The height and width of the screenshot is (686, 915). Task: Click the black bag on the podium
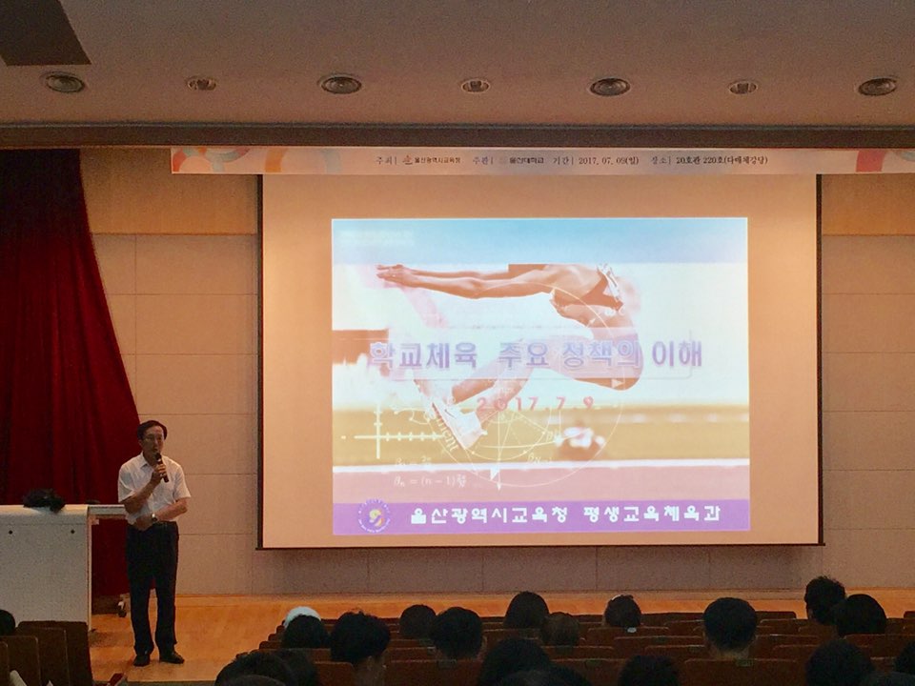pos(44,498)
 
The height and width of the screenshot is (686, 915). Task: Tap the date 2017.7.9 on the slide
pos(534,404)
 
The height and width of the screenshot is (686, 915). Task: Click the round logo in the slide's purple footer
pos(373,515)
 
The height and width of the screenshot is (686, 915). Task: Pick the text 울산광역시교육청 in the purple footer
pos(489,515)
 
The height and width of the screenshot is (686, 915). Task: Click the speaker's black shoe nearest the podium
pos(141,658)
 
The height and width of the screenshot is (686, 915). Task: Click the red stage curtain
pos(57,333)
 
